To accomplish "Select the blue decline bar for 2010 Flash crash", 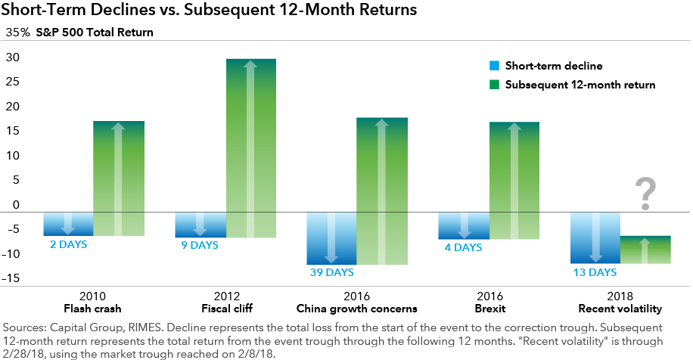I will click(x=68, y=224).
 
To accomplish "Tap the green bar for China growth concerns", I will click(x=382, y=191).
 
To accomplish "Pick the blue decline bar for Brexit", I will click(x=464, y=225).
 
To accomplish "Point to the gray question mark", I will click(x=645, y=194).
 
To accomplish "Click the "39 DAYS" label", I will click(x=331, y=272).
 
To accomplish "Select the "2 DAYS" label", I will click(x=68, y=244).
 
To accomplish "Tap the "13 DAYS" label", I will click(x=595, y=272).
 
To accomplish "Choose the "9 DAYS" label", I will click(x=200, y=245).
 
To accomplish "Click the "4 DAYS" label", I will click(x=463, y=247).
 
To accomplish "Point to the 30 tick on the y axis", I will click(x=13, y=57).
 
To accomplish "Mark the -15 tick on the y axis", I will click(x=11, y=278).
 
